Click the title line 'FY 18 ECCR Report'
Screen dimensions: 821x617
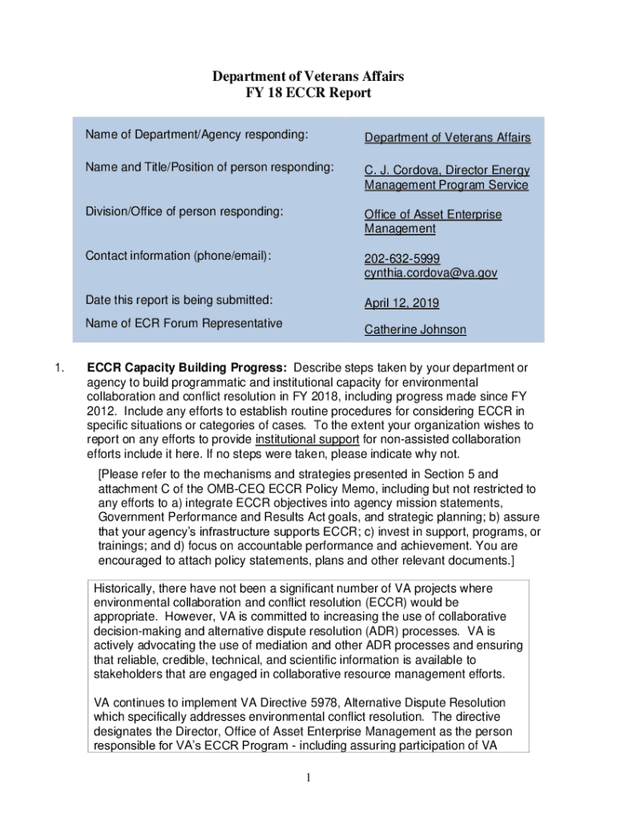pos(308,93)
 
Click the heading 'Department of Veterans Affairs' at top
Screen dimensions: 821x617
pos(308,76)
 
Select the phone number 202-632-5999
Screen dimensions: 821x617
pos(402,259)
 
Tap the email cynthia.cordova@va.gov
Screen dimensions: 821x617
pos(430,273)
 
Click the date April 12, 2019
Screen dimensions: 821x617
pos(401,304)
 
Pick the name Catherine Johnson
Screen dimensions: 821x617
pos(415,330)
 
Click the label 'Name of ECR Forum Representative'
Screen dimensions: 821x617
pos(184,324)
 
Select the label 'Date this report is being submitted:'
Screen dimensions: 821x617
pos(179,301)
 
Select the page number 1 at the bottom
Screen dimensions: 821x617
pos(308,778)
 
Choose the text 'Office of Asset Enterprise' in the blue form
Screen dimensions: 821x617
pos(433,215)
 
